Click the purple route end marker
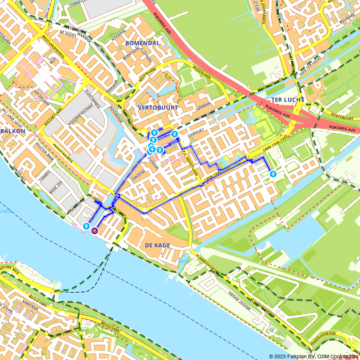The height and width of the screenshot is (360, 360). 94,231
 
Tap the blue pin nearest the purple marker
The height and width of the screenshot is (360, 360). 86,226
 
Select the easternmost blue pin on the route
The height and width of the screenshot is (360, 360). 273,174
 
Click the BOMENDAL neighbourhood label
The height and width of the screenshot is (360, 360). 142,43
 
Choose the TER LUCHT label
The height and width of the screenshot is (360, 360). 288,100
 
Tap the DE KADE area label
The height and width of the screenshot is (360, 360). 157,245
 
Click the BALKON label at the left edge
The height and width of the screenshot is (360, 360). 13,131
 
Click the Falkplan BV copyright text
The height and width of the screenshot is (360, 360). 314,356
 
